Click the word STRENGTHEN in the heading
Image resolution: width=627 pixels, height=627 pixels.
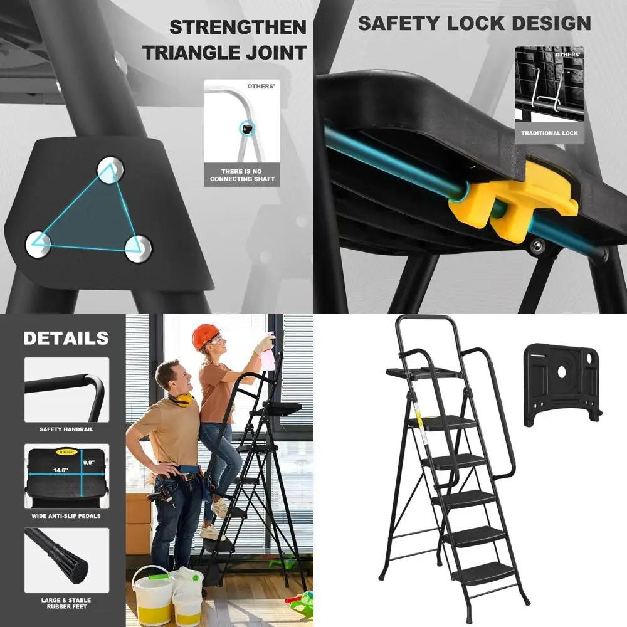[238, 28]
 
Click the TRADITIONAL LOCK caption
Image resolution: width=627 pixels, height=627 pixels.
[549, 134]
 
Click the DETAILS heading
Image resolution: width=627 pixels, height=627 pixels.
[66, 339]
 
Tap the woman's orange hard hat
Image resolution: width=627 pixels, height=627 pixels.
[204, 337]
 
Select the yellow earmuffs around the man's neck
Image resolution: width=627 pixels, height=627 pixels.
[181, 399]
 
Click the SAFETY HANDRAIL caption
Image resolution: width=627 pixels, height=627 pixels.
[66, 429]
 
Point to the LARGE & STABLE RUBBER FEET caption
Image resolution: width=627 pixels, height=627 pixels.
[66, 603]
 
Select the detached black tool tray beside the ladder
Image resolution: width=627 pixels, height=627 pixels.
[562, 379]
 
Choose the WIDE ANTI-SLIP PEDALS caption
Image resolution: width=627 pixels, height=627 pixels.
[66, 516]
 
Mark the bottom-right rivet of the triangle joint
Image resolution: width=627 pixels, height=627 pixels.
[139, 248]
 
